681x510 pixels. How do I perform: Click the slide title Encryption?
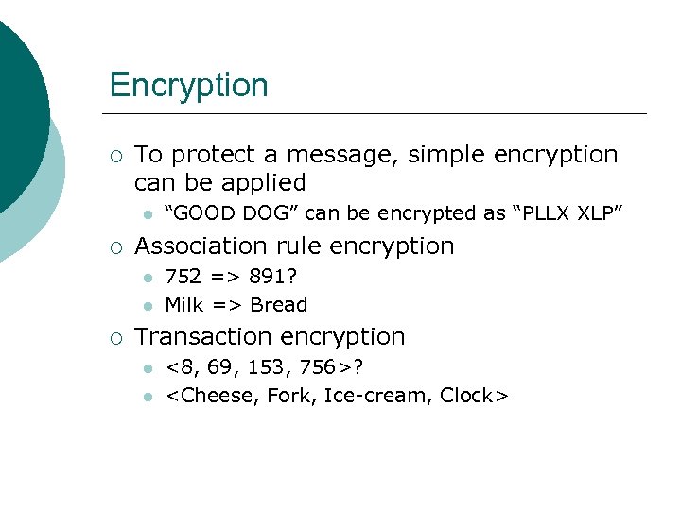coord(188,85)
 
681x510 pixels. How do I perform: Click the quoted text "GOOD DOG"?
coord(218,213)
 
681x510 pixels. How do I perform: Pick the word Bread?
coord(279,305)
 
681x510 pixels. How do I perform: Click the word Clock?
coord(467,396)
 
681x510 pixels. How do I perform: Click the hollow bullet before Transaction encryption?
coord(114,338)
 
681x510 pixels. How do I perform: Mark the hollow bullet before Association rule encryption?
coord(114,247)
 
